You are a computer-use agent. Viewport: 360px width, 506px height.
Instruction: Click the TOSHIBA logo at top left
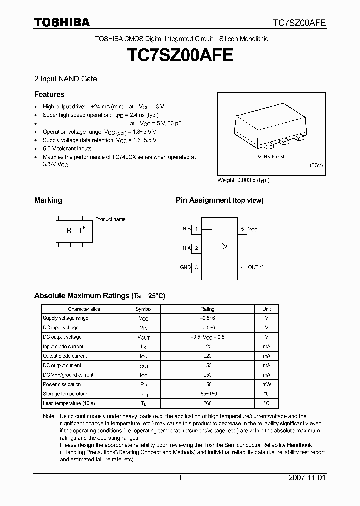[x=62, y=23]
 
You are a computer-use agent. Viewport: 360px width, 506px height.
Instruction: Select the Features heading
[x=49, y=94]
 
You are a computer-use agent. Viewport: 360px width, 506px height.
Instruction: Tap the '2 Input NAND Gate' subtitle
[x=65, y=79]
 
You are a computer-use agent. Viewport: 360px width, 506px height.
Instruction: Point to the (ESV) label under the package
[x=316, y=165]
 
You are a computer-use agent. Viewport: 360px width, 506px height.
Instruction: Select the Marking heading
[x=48, y=200]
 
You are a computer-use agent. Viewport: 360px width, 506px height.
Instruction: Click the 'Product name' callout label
[x=110, y=219]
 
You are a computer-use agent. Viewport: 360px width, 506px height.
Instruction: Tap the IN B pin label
[x=185, y=229]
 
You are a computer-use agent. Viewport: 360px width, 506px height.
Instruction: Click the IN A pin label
[x=185, y=248]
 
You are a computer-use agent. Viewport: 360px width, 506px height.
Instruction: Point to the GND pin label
[x=185, y=267]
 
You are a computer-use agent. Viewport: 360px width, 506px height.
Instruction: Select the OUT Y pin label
[x=255, y=267]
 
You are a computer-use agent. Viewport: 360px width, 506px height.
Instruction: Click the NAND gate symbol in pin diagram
[x=219, y=246]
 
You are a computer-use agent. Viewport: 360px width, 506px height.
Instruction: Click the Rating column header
[x=207, y=309]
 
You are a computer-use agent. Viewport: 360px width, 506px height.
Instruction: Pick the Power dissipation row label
[x=62, y=384]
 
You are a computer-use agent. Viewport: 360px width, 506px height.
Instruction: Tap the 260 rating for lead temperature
[x=207, y=403]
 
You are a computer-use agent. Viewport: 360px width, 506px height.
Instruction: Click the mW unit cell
[x=267, y=384]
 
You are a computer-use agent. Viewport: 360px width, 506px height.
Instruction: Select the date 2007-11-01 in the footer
[x=306, y=478]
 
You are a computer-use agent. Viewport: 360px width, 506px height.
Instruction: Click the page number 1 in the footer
[x=180, y=478]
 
